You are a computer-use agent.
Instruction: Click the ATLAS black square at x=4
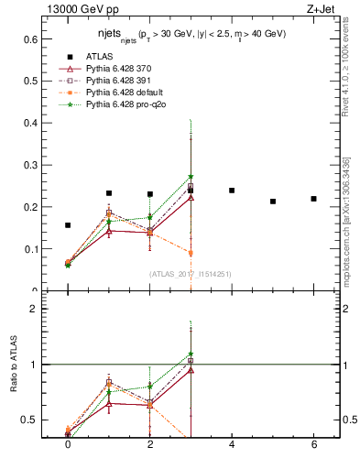point(232,191)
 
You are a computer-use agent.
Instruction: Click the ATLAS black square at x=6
point(313,199)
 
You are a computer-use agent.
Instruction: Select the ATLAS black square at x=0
point(68,225)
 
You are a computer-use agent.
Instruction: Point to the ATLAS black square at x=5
point(273,202)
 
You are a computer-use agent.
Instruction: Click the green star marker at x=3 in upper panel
point(191,177)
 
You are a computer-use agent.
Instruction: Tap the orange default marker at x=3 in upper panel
point(191,253)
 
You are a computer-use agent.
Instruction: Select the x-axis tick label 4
point(232,444)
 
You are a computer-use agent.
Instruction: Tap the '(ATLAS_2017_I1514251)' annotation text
point(191,274)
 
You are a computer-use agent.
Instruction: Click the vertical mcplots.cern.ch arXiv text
point(349,220)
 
